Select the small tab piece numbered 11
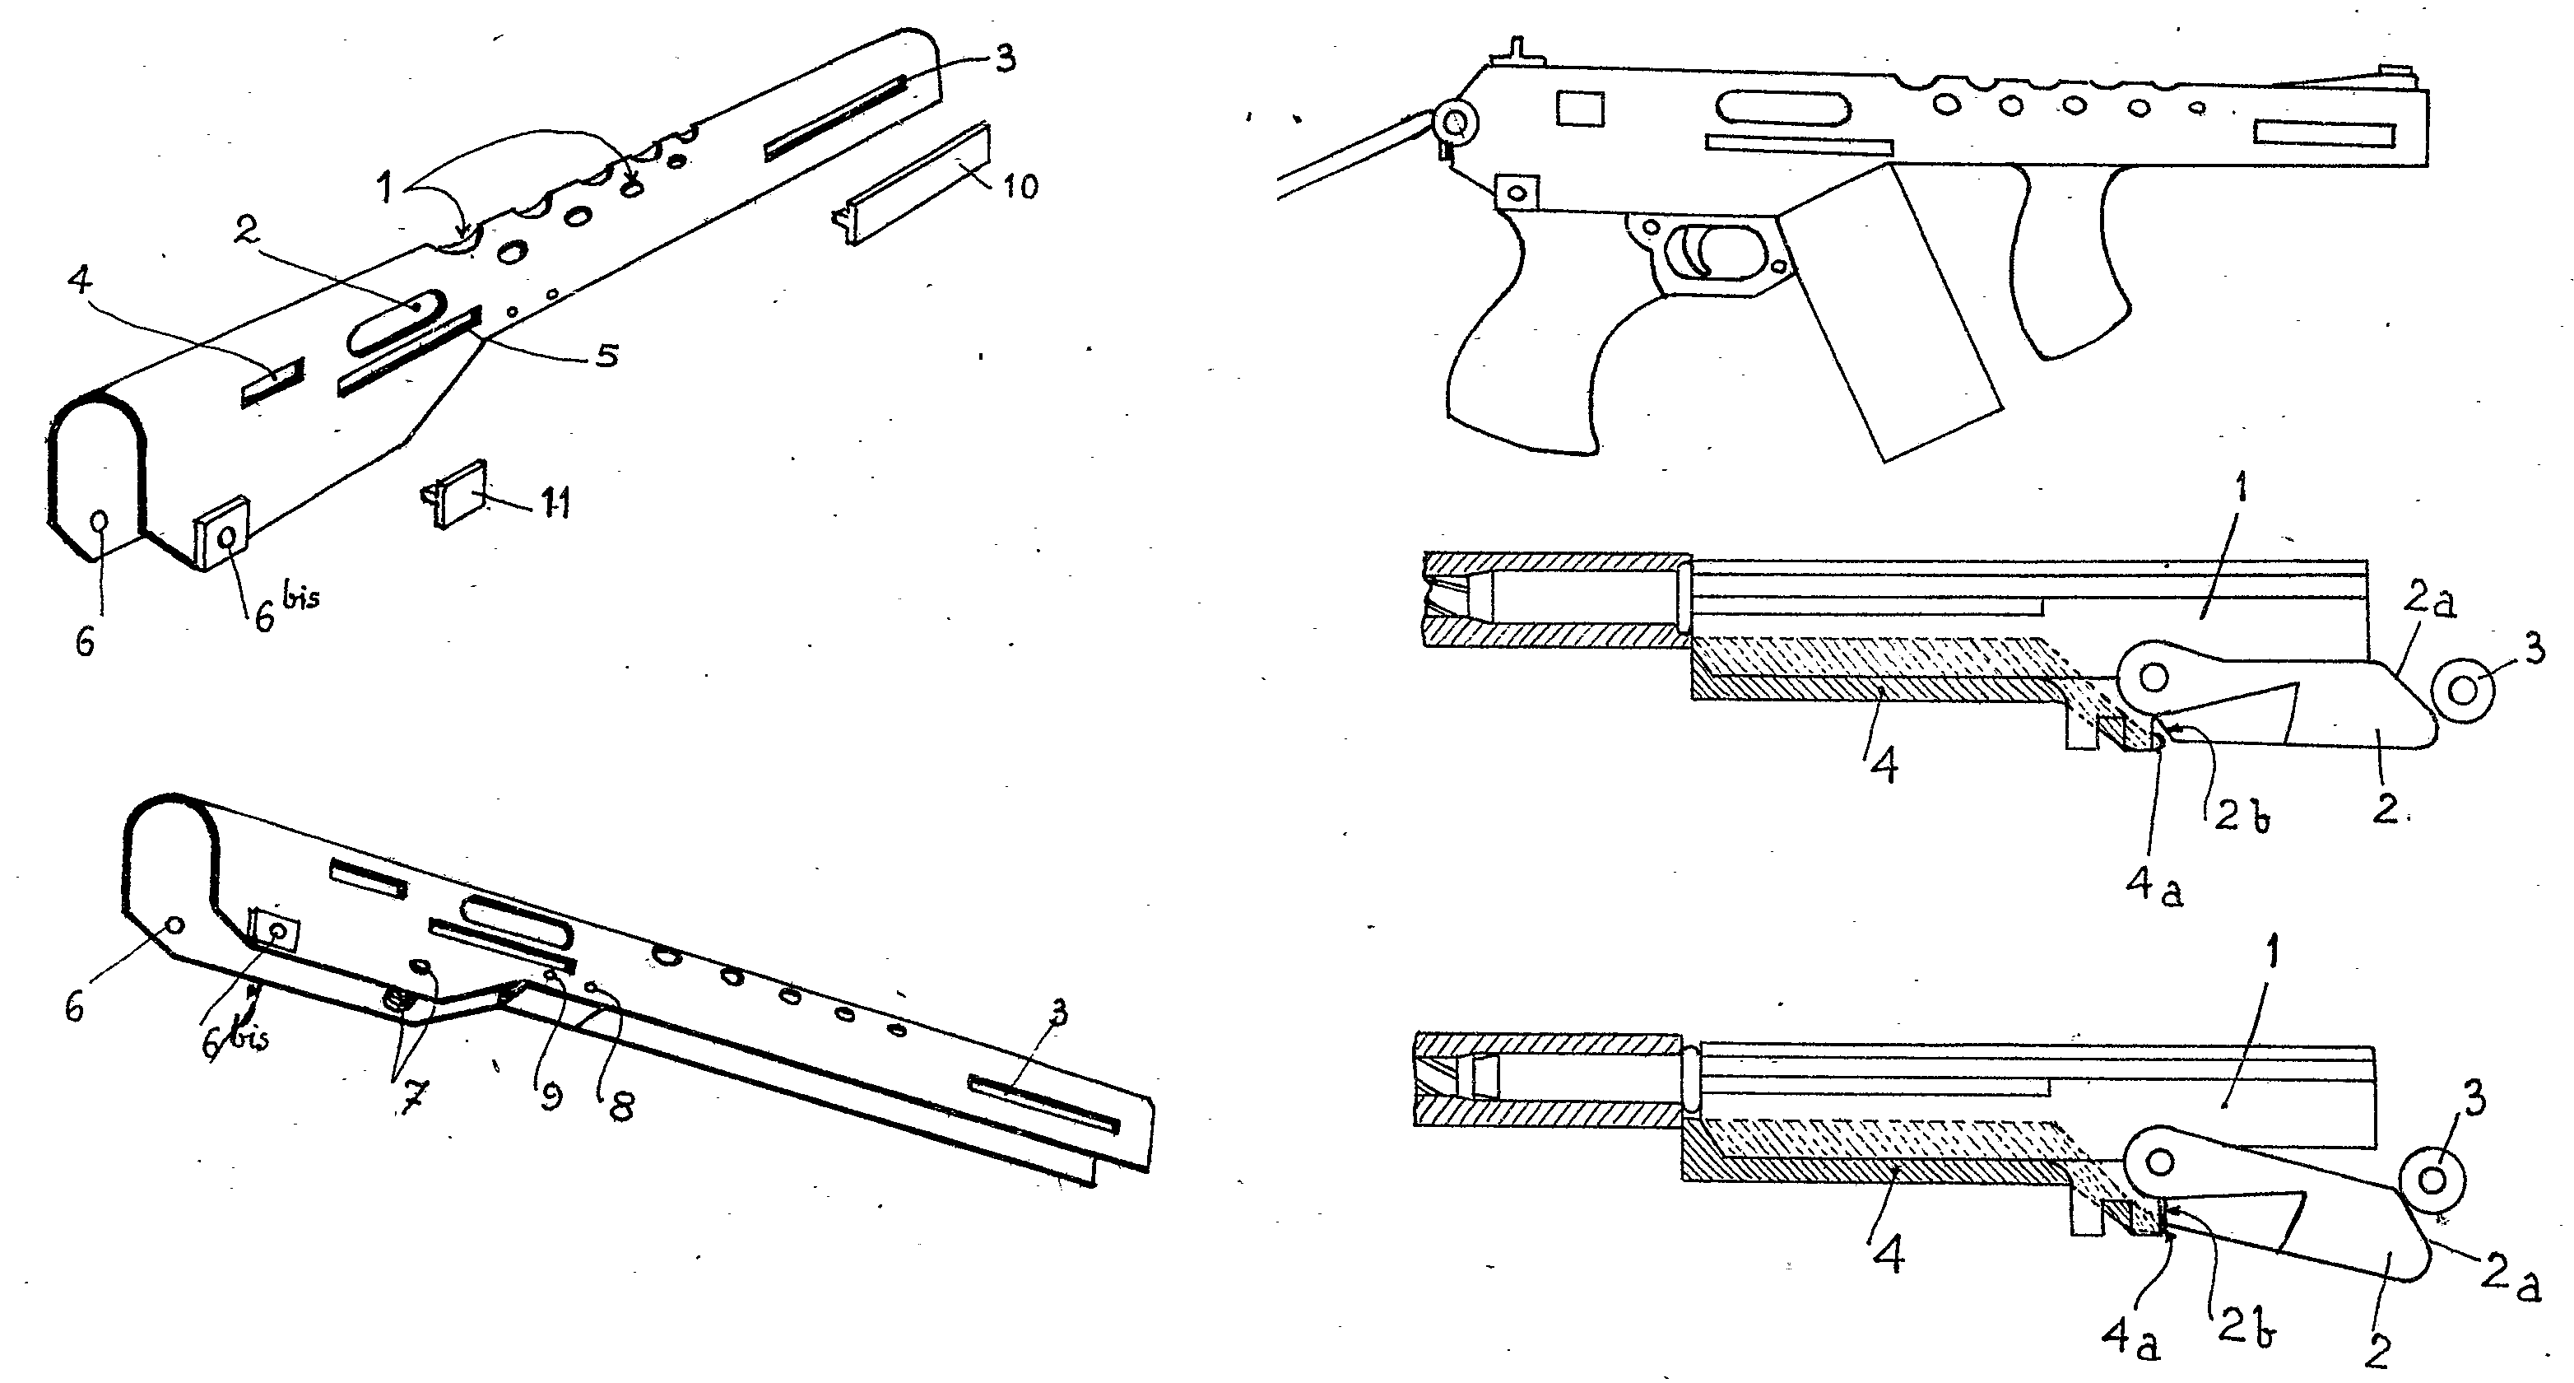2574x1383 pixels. tap(456, 491)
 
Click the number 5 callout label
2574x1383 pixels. tap(606, 355)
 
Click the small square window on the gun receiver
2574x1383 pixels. tap(1581, 109)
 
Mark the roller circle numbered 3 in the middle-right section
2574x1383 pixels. tap(2462, 690)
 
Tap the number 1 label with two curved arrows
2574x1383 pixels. tap(386, 187)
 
